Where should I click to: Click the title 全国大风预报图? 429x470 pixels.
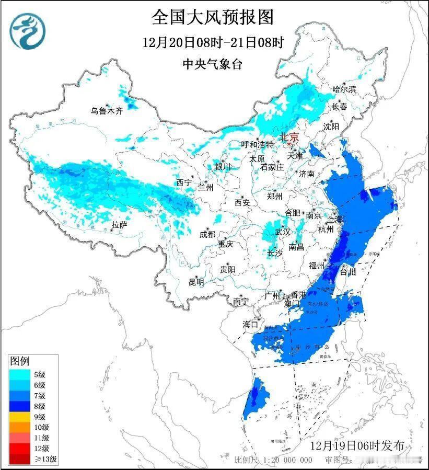[x=212, y=17]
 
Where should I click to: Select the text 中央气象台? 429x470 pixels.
[x=212, y=64]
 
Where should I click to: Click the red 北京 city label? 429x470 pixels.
[x=289, y=137]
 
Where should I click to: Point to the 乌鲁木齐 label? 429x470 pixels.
[x=106, y=111]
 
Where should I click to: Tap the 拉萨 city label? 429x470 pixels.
[x=119, y=225]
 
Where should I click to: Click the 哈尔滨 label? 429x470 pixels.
[x=344, y=89]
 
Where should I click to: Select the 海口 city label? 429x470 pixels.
[x=250, y=325]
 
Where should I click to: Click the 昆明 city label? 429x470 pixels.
[x=196, y=282]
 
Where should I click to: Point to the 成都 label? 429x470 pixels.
[x=207, y=234]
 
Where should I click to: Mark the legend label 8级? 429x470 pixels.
[x=39, y=406]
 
